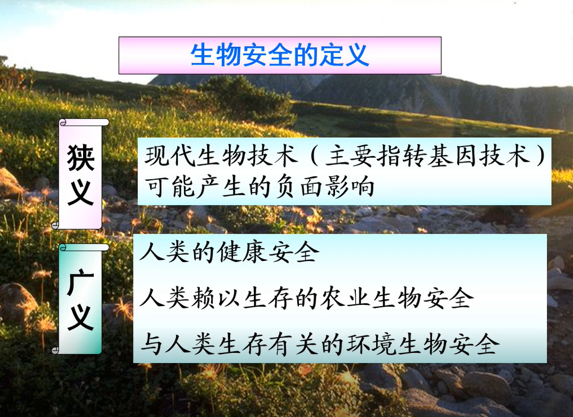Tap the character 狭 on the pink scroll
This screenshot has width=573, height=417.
point(81,158)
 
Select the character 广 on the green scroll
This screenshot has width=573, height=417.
point(81,282)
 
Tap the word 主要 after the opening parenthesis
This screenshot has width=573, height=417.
point(350,157)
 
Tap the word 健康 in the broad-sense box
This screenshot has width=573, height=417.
point(241,252)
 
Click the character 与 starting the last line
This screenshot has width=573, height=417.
point(151,344)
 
